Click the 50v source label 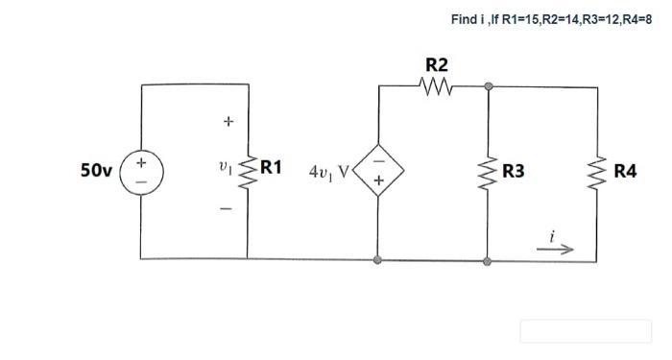click(x=96, y=171)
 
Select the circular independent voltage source click(x=141, y=171)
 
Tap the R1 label click(x=272, y=167)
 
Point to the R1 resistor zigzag click(x=248, y=170)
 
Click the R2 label click(x=436, y=65)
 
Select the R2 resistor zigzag click(x=436, y=85)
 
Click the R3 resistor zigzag click(x=489, y=171)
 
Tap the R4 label click(x=625, y=172)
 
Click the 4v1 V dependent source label click(x=327, y=172)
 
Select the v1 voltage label click(x=225, y=167)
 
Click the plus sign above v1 click(x=228, y=122)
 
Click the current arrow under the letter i click(x=560, y=248)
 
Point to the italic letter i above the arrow click(x=553, y=233)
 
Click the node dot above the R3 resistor click(x=489, y=85)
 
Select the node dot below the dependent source click(x=378, y=259)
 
